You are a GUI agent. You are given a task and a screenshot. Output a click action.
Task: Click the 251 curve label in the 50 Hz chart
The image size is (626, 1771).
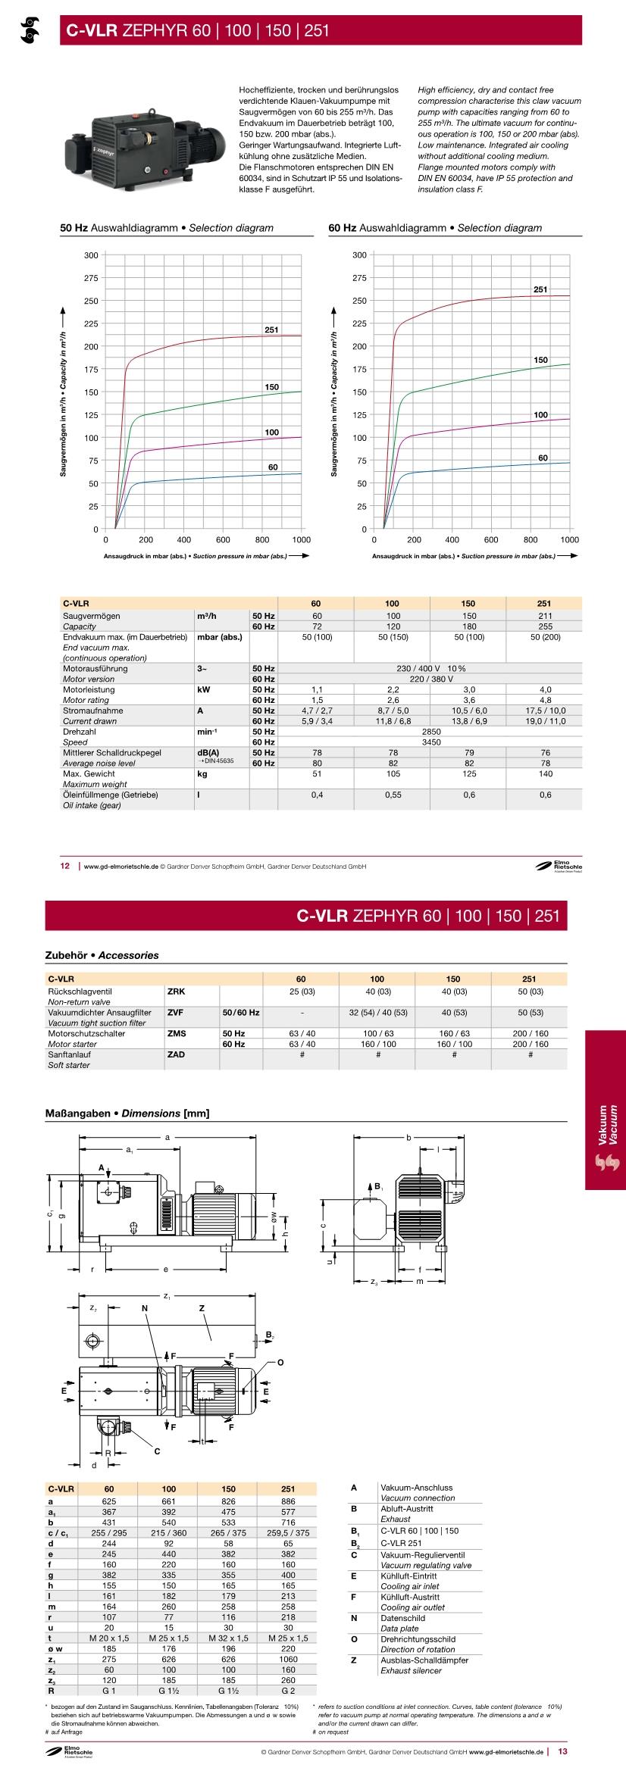point(271,330)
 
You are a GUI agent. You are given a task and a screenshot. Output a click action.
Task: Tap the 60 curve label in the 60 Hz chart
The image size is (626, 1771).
point(543,458)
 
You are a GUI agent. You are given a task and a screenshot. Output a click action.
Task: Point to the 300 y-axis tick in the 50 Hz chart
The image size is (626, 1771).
point(91,255)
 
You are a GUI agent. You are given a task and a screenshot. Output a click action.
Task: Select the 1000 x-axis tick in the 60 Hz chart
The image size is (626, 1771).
point(569,540)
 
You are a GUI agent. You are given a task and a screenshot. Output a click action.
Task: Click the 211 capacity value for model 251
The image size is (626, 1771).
point(544,616)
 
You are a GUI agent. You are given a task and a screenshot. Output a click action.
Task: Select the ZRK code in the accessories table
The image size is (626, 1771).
point(175,991)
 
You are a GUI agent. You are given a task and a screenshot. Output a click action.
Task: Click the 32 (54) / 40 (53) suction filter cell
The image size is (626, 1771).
point(377,1012)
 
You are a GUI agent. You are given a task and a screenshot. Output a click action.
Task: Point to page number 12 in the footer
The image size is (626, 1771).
point(65,866)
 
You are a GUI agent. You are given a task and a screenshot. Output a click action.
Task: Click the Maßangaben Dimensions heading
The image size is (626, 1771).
point(128,1113)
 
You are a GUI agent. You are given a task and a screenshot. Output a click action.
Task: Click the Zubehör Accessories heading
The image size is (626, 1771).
point(102,955)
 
